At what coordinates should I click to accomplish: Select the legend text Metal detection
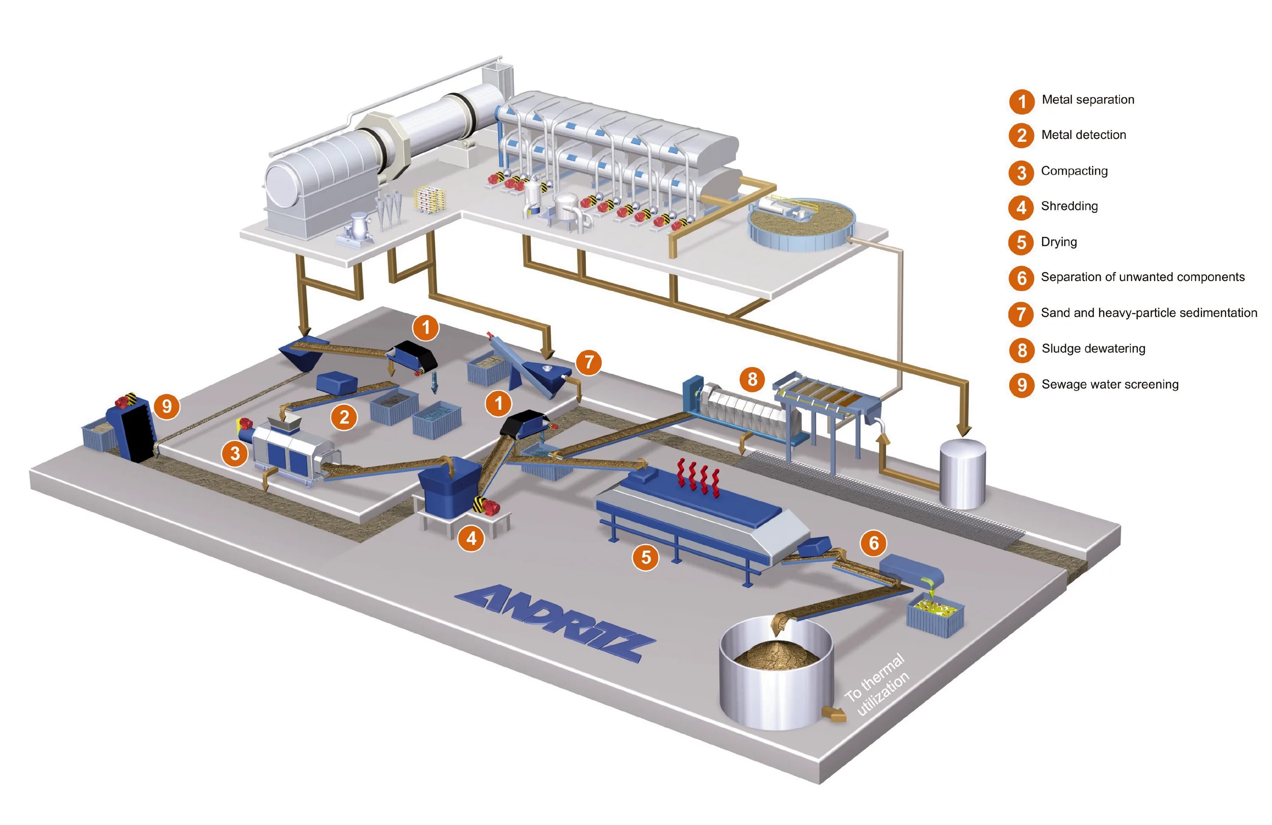tap(1083, 135)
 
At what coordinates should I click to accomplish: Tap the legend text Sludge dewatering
tap(1093, 348)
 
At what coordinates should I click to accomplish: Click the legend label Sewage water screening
tap(1110, 384)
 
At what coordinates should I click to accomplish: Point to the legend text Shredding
tap(1069, 206)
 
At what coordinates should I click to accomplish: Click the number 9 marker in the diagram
tap(167, 406)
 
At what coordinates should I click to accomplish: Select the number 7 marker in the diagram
tap(589, 362)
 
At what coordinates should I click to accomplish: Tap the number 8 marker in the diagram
tap(752, 379)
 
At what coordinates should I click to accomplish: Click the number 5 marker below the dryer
tap(646, 557)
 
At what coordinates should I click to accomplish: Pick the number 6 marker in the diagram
tap(873, 543)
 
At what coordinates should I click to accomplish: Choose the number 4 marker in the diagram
tap(471, 538)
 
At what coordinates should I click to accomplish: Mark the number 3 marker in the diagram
tap(234, 454)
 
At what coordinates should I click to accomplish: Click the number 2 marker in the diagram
tap(344, 417)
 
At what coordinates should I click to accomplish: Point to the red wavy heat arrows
tap(698, 477)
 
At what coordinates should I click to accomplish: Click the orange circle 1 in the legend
tap(1021, 101)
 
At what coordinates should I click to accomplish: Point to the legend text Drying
tap(1058, 242)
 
